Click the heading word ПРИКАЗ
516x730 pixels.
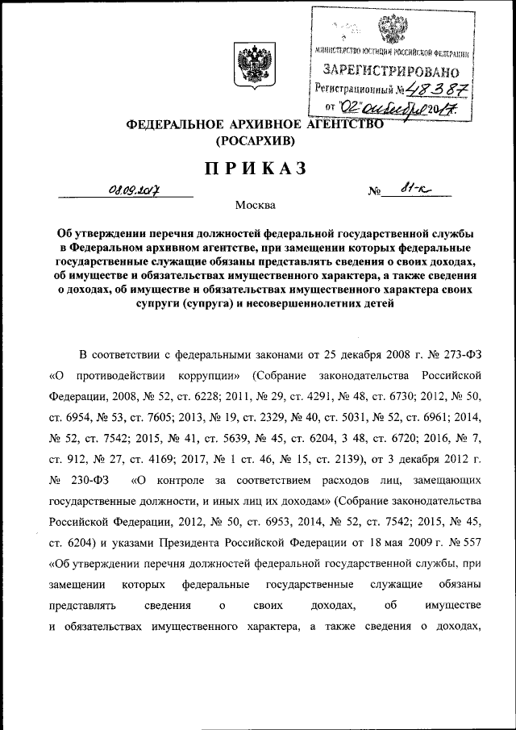(256, 168)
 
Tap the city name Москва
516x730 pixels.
(256, 204)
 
